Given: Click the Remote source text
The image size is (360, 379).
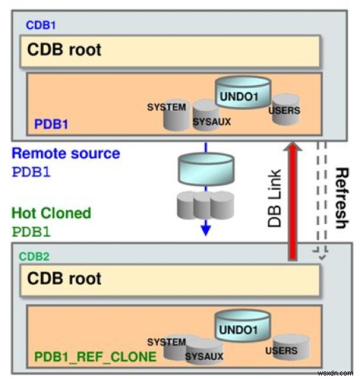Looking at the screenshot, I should tap(66, 154).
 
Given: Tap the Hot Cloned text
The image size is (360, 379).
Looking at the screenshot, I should tap(52, 213).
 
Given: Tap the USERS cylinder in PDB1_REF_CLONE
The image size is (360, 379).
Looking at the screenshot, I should tap(289, 346).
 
